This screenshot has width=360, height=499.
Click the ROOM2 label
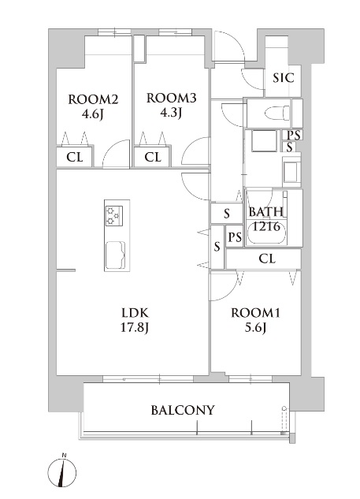coord(93,99)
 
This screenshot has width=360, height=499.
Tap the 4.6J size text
coord(93,113)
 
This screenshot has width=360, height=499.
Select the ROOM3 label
coord(171,99)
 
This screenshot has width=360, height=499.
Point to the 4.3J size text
coord(171,112)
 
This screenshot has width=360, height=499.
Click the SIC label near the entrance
coord(283,78)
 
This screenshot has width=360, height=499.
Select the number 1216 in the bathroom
coord(266,226)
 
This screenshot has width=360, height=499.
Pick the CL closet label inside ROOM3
coord(153,157)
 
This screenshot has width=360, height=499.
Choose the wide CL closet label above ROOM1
coord(266,258)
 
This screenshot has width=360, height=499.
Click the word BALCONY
coord(183,410)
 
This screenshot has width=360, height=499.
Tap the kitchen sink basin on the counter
coord(115,254)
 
